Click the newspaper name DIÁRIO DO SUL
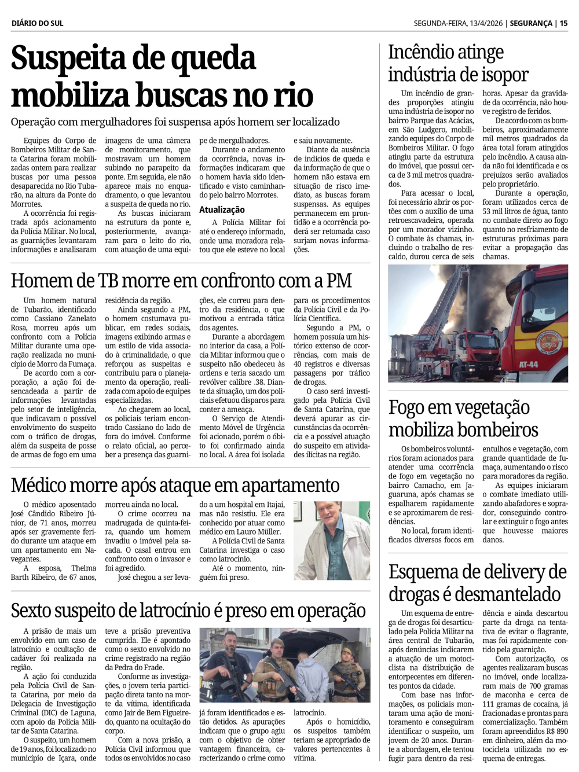[x=37, y=23]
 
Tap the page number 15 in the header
[x=563, y=23]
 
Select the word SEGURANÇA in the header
[x=531, y=23]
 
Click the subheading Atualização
[x=222, y=210]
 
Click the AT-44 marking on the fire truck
[x=528, y=365]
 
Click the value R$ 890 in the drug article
[x=553, y=731]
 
